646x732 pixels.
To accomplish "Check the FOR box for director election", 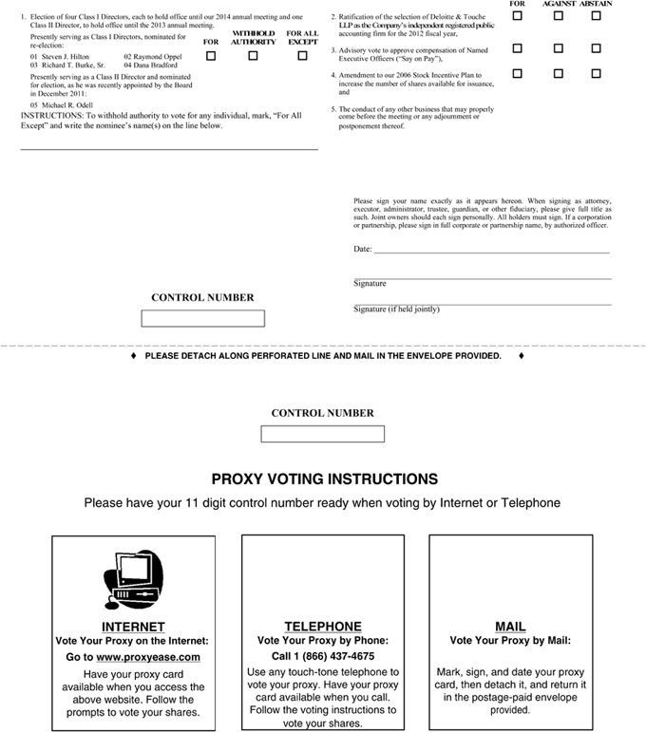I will (211, 56).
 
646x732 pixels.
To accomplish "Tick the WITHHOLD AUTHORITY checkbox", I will (253, 56).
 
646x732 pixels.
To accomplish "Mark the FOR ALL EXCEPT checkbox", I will (302, 56).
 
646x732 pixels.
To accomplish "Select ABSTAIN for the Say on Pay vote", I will (596, 47).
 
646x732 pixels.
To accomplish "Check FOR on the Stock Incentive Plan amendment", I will (518, 73).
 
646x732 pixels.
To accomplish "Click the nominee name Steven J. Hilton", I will (65, 57).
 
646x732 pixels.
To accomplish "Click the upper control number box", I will (202, 319).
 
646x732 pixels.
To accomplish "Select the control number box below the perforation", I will (322, 434).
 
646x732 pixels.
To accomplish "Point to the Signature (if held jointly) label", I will (396, 310).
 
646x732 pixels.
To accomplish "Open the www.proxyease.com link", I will (147, 657).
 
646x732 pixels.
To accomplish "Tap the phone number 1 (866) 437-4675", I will (323, 656).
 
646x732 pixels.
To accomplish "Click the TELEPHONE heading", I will (323, 627).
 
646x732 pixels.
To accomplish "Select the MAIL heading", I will (510, 627).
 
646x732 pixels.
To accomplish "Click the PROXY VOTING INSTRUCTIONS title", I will (324, 479).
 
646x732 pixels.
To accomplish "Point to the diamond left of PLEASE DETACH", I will (133, 356).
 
